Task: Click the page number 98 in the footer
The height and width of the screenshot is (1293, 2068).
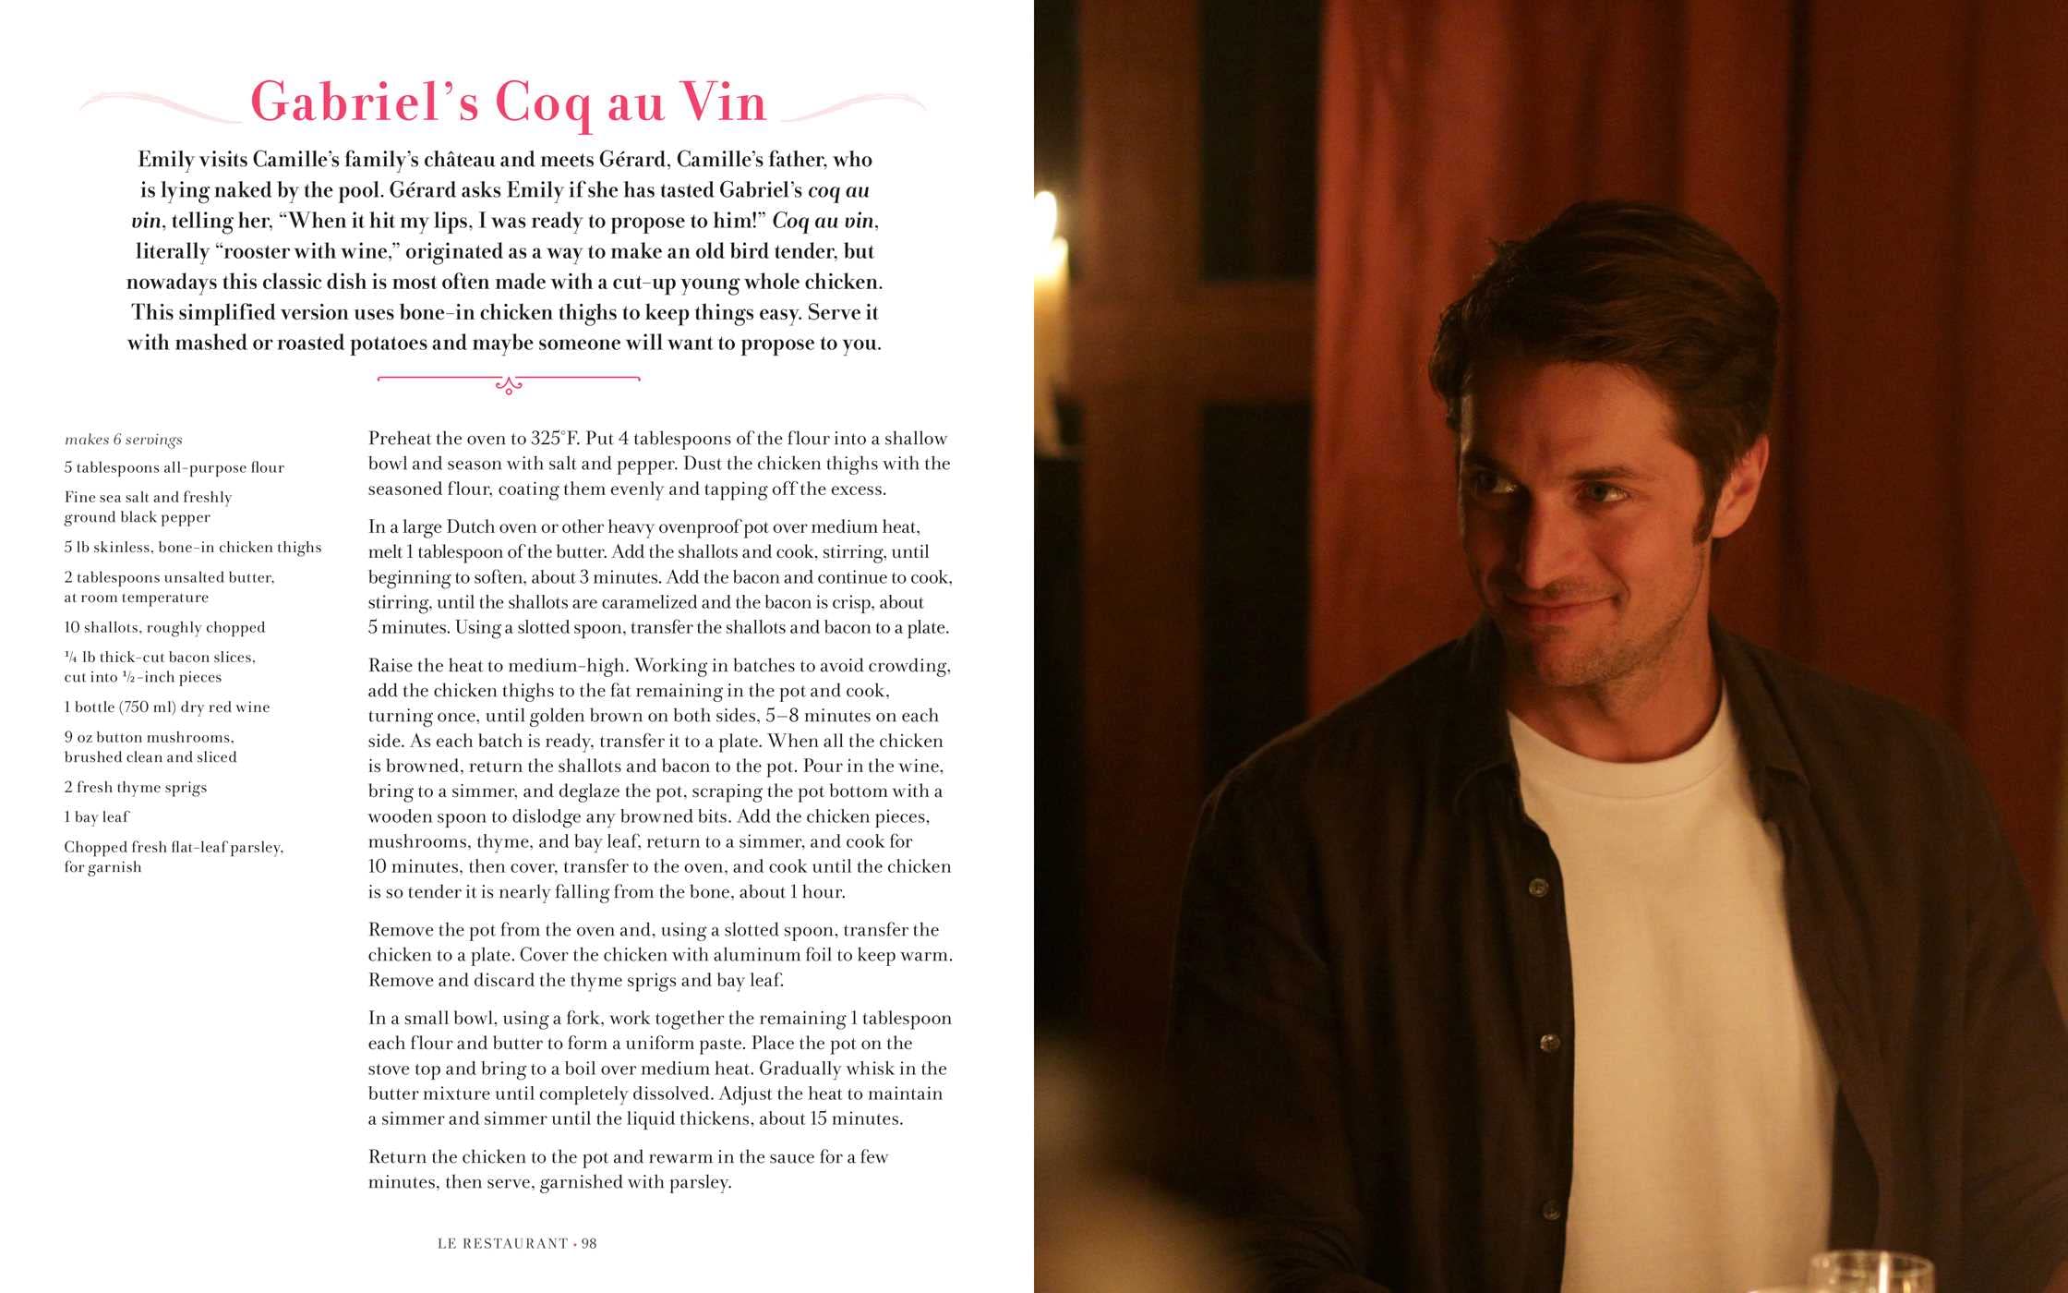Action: click(x=589, y=1243)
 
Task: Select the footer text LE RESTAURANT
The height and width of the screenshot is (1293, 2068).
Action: click(x=502, y=1243)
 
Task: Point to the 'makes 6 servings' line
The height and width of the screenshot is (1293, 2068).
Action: click(x=124, y=440)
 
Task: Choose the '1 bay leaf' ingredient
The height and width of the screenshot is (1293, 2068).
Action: click(x=97, y=816)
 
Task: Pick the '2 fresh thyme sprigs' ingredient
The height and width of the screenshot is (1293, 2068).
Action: click(x=136, y=787)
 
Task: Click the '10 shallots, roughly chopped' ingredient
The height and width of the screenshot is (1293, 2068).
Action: click(x=164, y=627)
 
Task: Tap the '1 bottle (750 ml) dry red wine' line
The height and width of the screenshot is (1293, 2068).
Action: click(x=167, y=707)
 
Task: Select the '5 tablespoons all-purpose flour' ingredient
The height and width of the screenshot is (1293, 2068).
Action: click(x=174, y=467)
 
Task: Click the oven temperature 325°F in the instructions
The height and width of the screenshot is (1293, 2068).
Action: click(x=554, y=439)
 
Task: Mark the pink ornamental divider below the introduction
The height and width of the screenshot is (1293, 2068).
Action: click(x=509, y=381)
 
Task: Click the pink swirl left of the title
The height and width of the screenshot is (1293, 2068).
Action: click(x=157, y=104)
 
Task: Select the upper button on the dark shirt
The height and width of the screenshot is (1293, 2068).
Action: click(x=1537, y=888)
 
